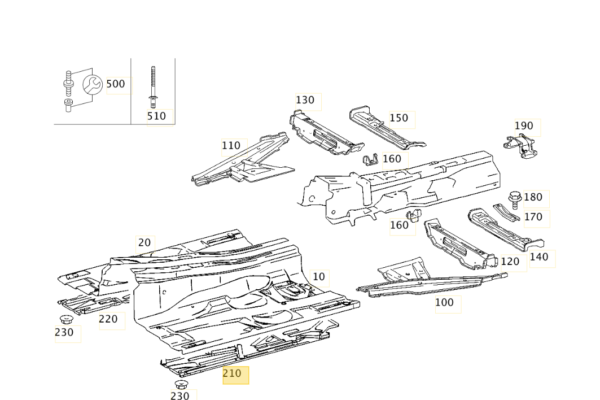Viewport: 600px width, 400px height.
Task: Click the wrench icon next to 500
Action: click(92, 85)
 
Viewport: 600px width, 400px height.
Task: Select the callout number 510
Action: click(156, 116)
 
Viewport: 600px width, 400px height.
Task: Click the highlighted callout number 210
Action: click(232, 373)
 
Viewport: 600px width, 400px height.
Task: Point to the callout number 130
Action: click(305, 100)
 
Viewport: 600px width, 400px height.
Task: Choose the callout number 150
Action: click(398, 118)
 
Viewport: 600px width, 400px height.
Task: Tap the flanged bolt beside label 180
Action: click(514, 199)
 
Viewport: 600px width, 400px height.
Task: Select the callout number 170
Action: click(533, 217)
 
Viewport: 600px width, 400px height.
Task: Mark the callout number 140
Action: click(539, 257)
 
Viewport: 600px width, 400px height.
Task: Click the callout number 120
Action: click(510, 262)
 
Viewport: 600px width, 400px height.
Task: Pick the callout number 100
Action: click(444, 303)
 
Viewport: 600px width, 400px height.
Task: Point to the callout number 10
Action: click(319, 277)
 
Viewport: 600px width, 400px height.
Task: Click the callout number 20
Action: click(144, 243)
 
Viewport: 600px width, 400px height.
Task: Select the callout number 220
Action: click(108, 319)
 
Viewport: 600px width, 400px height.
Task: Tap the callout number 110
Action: click(231, 146)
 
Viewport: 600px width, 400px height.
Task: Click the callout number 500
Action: click(116, 84)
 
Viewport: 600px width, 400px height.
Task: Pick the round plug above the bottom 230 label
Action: click(181, 385)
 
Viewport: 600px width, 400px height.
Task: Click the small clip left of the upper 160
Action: click(370, 160)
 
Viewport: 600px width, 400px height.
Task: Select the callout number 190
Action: click(524, 126)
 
